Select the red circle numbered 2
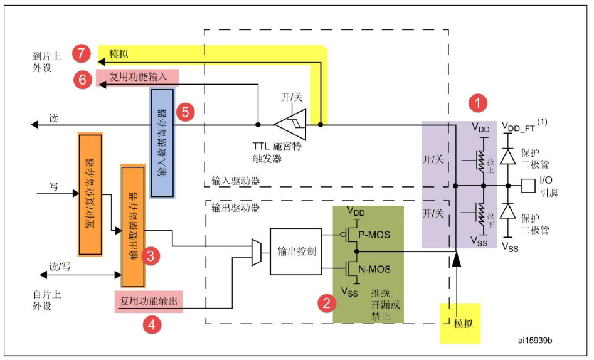[325, 304]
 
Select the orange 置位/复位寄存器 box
[90, 194]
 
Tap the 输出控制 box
[295, 250]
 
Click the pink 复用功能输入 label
[137, 77]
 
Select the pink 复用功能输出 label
[147, 302]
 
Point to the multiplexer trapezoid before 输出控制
[257, 251]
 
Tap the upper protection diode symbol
[506, 159]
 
